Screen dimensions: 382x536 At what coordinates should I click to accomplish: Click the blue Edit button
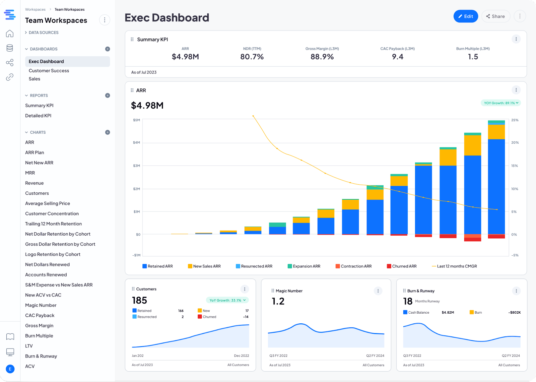click(x=465, y=16)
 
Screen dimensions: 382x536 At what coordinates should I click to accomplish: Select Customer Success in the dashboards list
click(x=49, y=71)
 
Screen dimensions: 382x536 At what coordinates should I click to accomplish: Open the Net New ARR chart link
click(x=39, y=163)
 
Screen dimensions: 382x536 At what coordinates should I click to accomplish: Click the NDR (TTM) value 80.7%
click(x=252, y=57)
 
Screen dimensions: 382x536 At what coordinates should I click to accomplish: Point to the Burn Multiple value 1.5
click(x=473, y=57)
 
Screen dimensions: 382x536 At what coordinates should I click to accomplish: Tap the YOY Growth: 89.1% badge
click(x=500, y=103)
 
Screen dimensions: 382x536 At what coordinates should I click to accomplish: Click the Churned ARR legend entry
click(x=402, y=266)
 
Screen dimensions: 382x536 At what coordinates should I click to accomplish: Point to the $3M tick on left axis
click(x=136, y=166)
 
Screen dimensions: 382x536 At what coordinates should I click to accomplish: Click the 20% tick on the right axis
click(x=515, y=142)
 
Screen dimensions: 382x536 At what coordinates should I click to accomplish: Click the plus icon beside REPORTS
click(x=108, y=95)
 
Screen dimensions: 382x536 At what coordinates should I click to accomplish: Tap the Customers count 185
click(x=139, y=301)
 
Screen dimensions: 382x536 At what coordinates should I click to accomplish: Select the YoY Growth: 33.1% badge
click(x=227, y=300)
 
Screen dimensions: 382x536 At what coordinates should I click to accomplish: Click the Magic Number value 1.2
click(x=278, y=301)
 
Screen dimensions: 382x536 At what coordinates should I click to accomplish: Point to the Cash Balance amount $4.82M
click(x=448, y=312)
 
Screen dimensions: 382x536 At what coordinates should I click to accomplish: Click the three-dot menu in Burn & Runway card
click(x=516, y=291)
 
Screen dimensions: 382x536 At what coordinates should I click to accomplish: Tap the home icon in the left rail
click(x=10, y=34)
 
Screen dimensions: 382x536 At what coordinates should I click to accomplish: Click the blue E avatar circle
click(x=10, y=369)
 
